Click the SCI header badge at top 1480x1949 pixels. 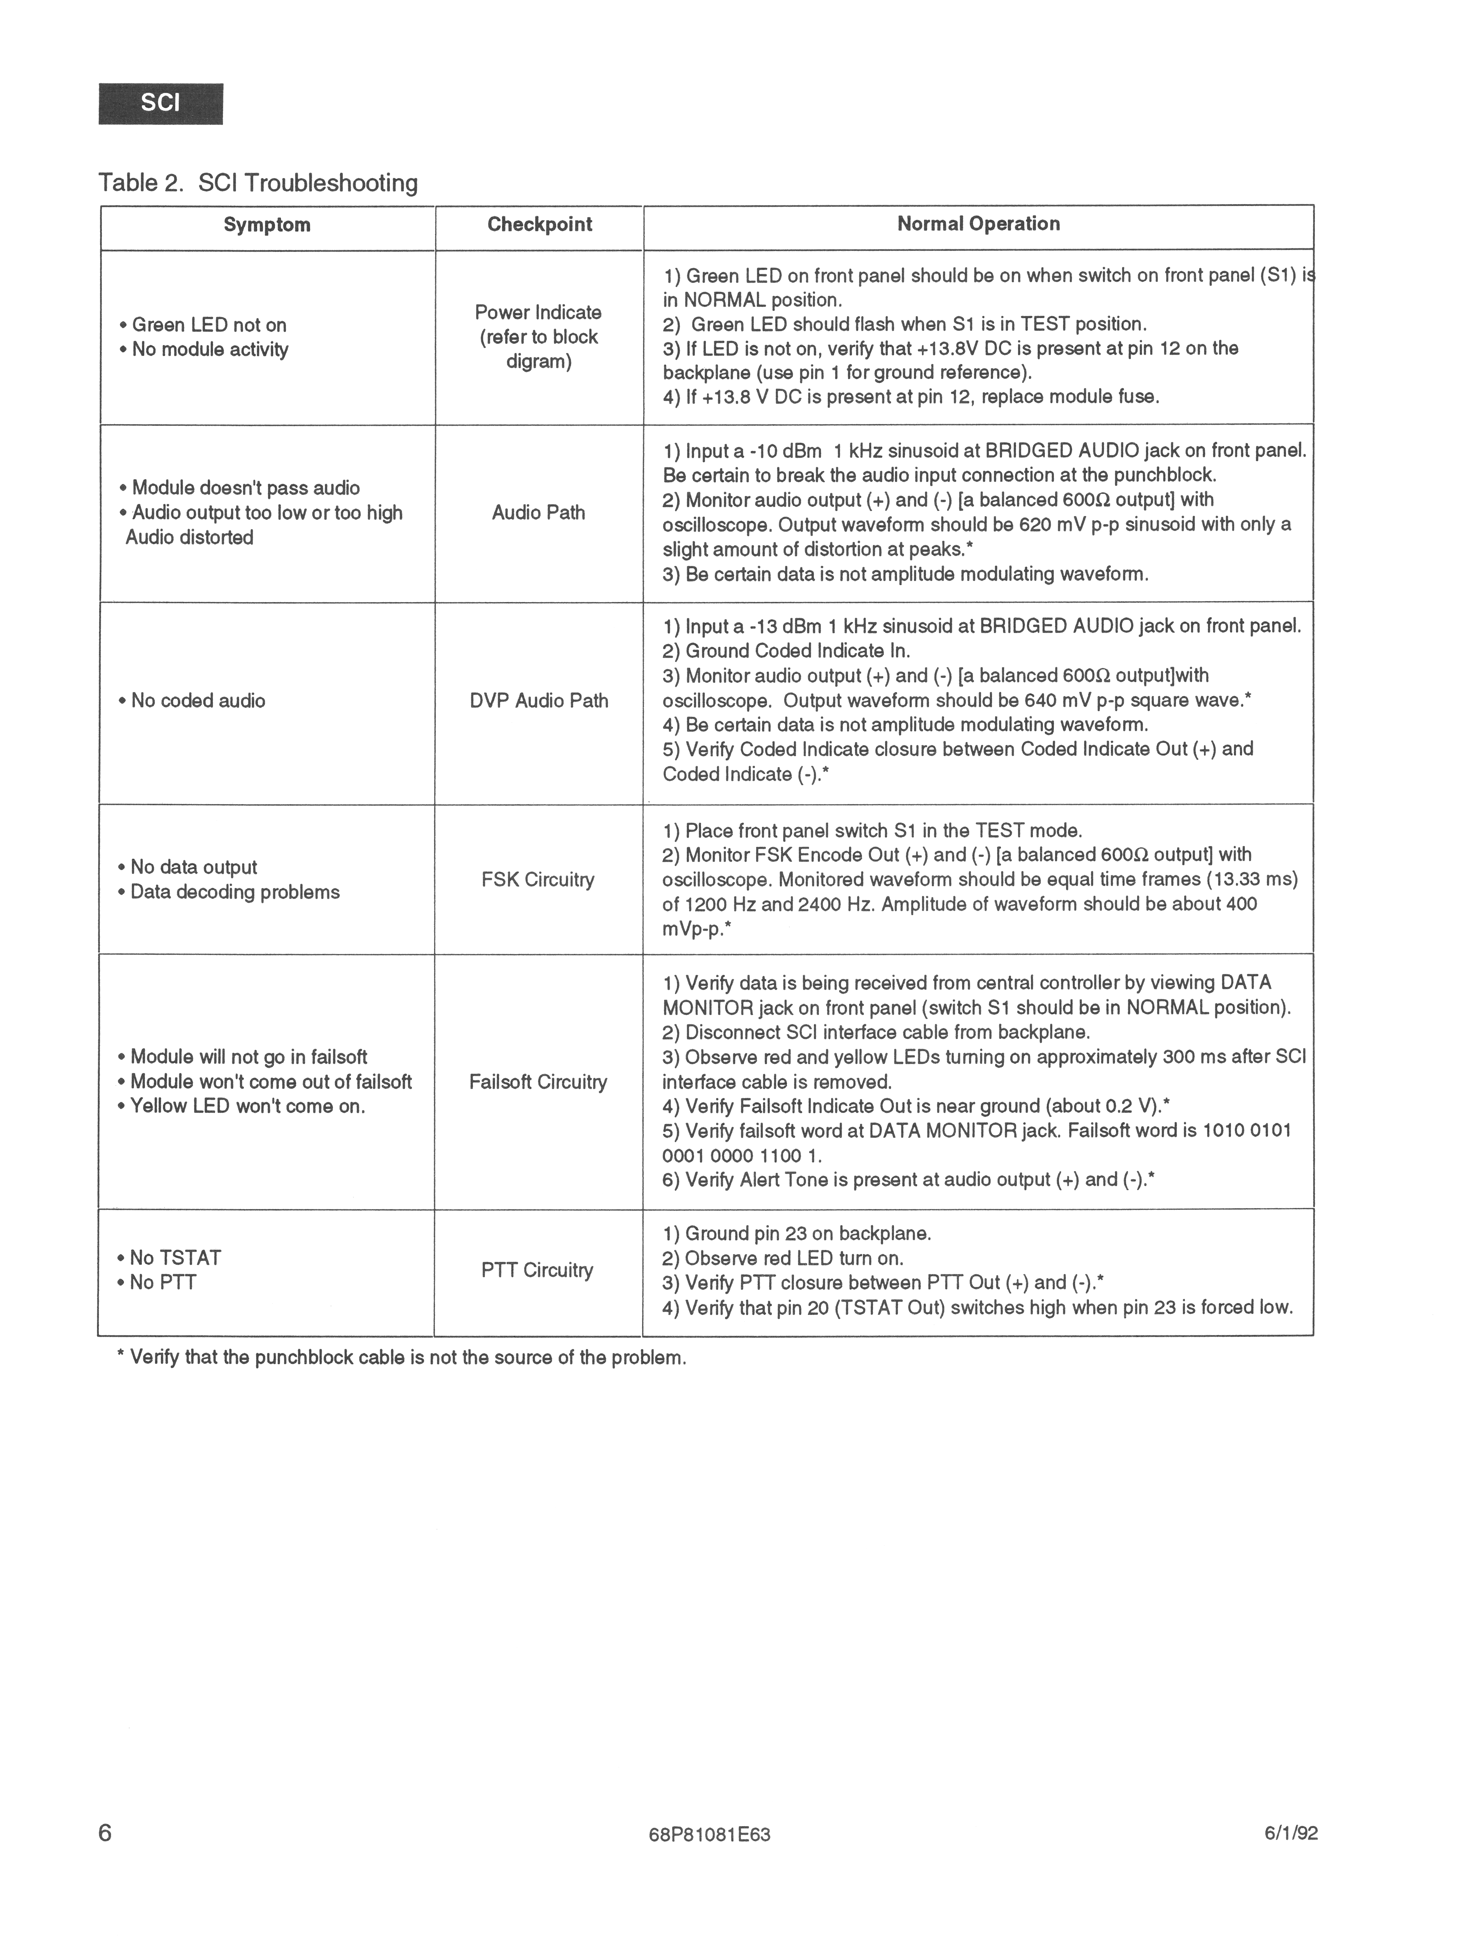tap(160, 103)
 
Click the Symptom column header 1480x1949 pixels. tap(267, 225)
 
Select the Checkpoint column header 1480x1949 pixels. tap(539, 225)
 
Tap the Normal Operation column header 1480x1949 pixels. tap(978, 224)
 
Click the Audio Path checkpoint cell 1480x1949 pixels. tap(538, 513)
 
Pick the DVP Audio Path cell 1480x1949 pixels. tap(538, 701)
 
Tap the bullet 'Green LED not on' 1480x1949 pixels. tap(209, 325)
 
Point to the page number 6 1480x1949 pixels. tap(105, 1833)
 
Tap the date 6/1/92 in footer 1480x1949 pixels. tap(1291, 1834)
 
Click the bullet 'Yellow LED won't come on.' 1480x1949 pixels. tap(247, 1107)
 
